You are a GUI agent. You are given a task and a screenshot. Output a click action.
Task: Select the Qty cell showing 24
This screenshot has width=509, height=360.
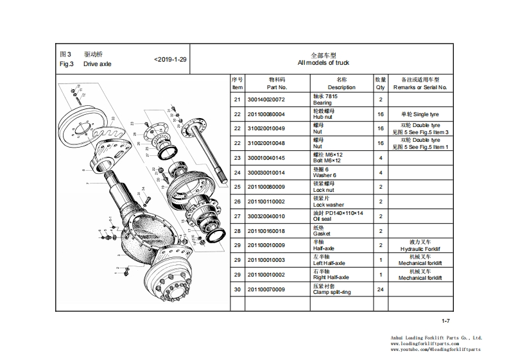click(x=381, y=289)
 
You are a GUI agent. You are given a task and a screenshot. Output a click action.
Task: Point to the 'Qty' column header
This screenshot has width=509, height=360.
click(x=381, y=83)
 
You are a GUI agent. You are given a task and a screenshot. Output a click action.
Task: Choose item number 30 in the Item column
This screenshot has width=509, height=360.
click(x=237, y=289)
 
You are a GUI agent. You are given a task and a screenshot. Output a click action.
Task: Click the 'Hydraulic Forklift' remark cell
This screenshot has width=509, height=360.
click(x=420, y=245)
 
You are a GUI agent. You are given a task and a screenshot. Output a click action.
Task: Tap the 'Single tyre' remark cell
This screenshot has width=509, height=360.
click(x=420, y=114)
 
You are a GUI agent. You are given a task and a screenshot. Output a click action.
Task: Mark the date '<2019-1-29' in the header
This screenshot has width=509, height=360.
click(x=171, y=60)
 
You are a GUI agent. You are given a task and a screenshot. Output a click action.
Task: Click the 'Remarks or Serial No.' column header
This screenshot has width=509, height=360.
click(x=420, y=83)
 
